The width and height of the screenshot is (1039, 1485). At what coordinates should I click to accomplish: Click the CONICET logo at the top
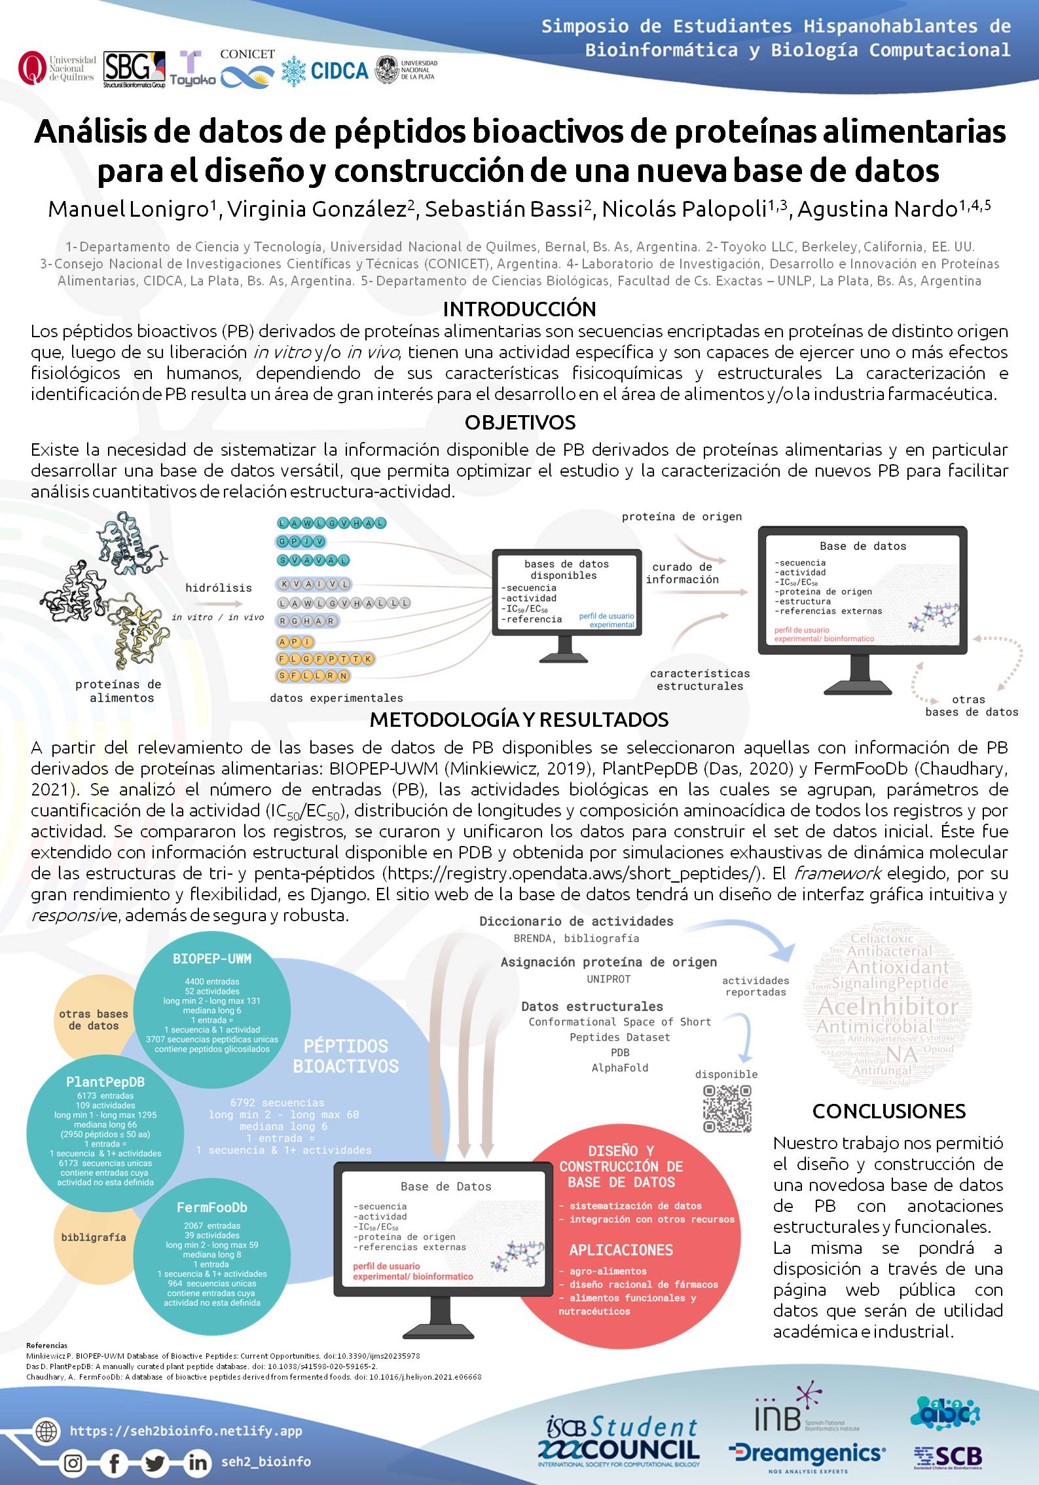tap(247, 69)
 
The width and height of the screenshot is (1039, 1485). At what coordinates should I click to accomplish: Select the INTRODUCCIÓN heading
tap(519, 309)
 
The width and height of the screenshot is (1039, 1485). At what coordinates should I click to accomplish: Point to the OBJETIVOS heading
tap(520, 422)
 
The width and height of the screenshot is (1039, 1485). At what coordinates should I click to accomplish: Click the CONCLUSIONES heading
tap(888, 1110)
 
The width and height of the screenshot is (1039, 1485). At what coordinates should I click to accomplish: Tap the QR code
tap(727, 1109)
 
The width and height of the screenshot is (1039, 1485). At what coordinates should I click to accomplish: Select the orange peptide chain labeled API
tap(295, 642)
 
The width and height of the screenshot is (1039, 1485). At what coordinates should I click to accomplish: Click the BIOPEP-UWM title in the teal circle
tap(212, 959)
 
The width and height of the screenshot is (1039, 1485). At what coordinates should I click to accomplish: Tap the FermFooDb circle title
tap(211, 1207)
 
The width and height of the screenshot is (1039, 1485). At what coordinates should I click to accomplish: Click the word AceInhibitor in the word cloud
tap(888, 1006)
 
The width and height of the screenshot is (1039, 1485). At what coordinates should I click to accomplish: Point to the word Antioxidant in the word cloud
tap(898, 966)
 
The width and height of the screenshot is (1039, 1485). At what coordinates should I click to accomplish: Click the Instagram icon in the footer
tap(74, 1461)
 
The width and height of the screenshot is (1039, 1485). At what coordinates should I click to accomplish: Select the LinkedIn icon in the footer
tap(197, 1461)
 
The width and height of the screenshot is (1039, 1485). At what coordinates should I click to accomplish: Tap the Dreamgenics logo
tap(807, 1436)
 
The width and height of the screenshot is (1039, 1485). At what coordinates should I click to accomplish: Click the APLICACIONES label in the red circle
tap(621, 1250)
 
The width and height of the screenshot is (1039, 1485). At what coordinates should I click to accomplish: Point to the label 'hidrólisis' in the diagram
tap(218, 588)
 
